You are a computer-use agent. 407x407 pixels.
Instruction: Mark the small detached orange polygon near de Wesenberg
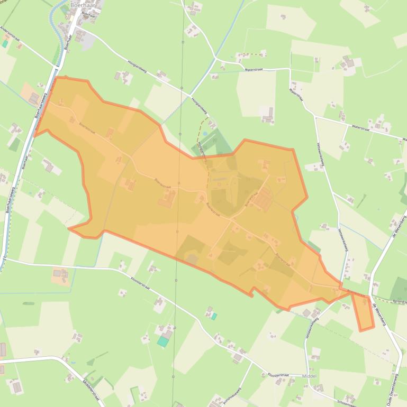pyautogui.click(x=363, y=312)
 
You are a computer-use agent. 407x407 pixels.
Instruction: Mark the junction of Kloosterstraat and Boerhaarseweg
pyautogui.click(x=5, y=258)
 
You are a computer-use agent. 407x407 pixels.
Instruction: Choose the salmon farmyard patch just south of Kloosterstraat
pyautogui.click(x=60, y=274)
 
